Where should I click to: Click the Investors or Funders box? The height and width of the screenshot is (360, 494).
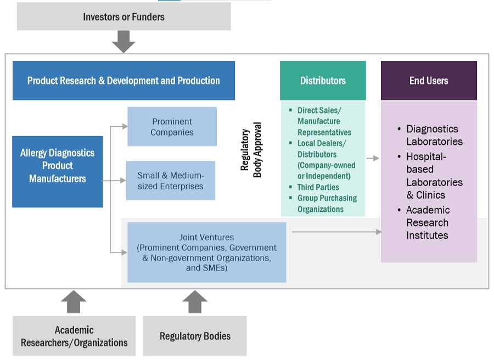click(123, 16)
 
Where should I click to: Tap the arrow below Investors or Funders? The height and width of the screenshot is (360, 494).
click(123, 42)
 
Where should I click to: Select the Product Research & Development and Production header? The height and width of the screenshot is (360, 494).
click(123, 81)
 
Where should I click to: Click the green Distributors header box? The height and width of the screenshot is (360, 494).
click(323, 81)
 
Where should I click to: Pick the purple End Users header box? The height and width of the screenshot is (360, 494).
click(429, 81)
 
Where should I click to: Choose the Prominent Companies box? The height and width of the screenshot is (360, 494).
click(172, 127)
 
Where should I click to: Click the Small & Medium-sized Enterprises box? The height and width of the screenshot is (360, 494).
click(170, 181)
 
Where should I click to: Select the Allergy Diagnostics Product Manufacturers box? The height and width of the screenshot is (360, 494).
click(57, 166)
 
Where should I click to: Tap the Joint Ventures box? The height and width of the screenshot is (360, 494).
click(206, 253)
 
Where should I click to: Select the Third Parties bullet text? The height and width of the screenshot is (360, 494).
click(318, 187)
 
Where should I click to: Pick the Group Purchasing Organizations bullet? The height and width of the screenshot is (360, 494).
click(327, 203)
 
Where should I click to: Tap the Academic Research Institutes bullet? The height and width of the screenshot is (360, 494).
click(428, 223)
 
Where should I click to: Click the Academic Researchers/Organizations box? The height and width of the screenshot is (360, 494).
click(74, 336)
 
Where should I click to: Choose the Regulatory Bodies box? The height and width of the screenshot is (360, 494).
click(195, 336)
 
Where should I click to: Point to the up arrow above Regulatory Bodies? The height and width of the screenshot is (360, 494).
click(195, 302)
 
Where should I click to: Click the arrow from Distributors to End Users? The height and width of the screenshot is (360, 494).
click(373, 158)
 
